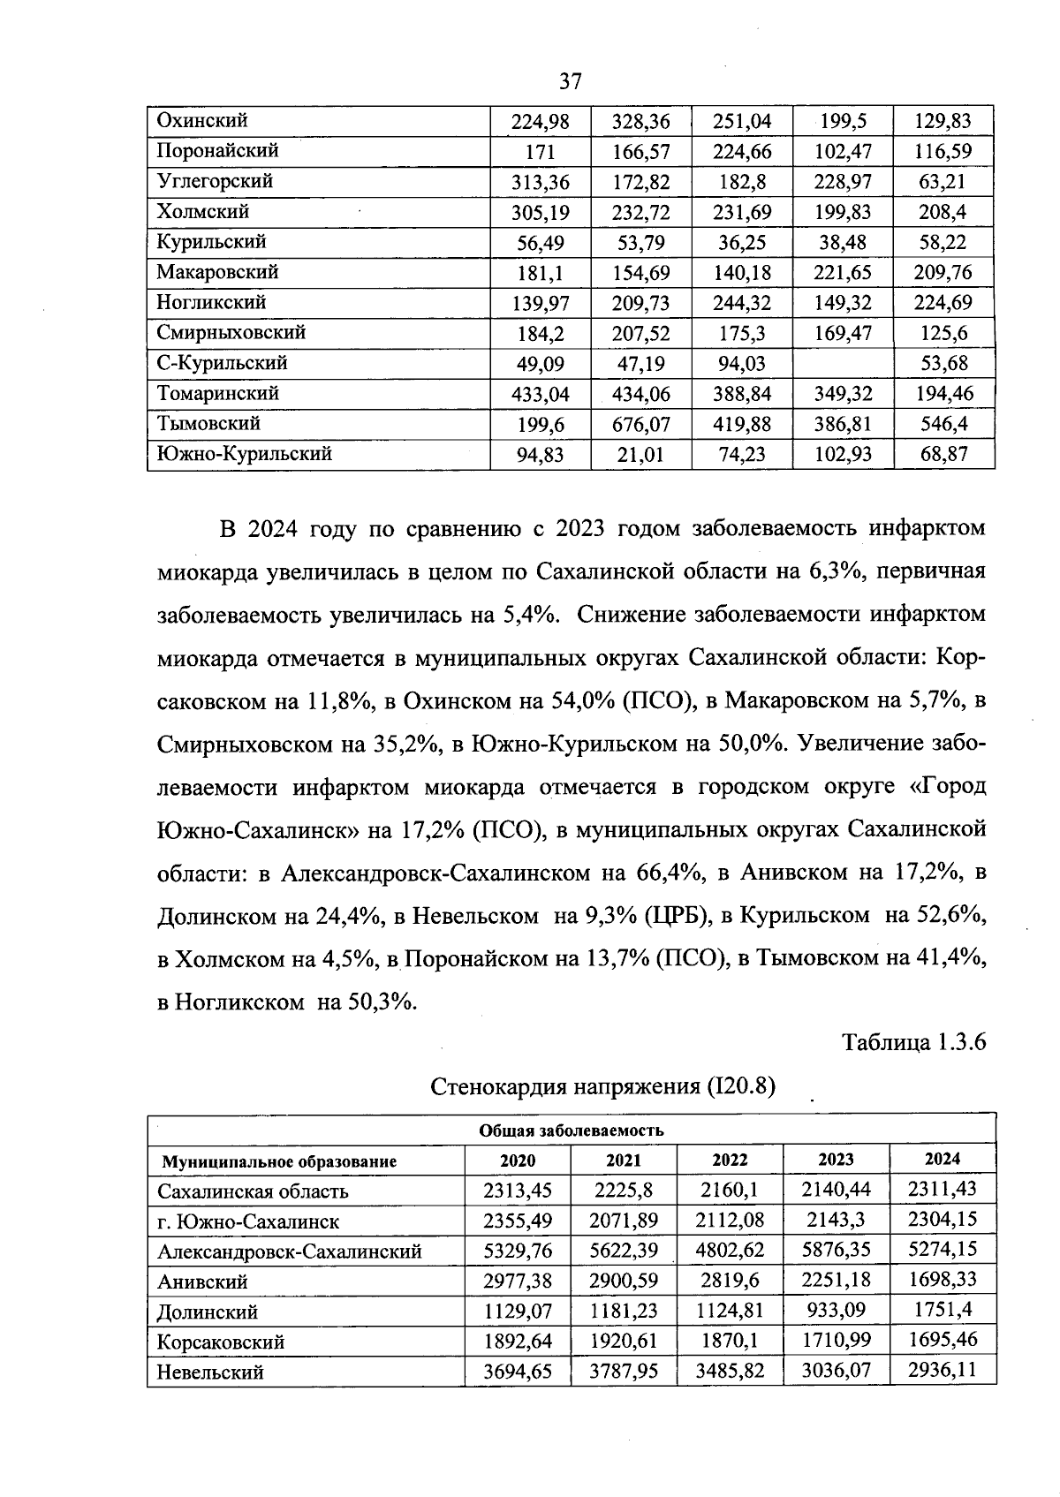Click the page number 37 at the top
(x=571, y=82)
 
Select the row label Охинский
(x=202, y=120)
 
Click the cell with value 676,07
(x=640, y=425)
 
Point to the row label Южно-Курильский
(x=244, y=454)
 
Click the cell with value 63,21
(x=943, y=182)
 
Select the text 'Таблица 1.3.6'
(x=913, y=1043)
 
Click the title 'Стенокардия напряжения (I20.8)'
(x=602, y=1085)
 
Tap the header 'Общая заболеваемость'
(x=571, y=1130)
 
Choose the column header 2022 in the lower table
(x=730, y=1161)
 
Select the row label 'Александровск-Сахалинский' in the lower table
(x=290, y=1251)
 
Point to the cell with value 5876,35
(x=835, y=1251)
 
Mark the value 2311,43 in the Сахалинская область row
(x=942, y=1189)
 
